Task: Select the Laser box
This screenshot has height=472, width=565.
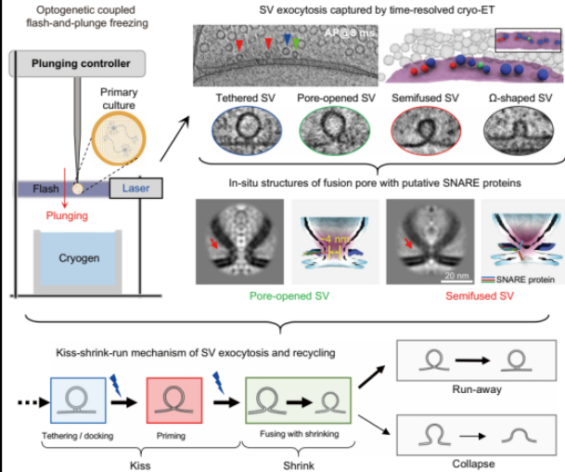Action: (135, 190)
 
